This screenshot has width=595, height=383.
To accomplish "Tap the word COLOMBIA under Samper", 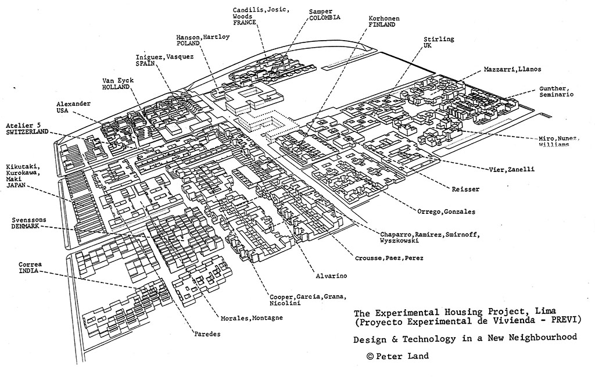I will click(325, 18).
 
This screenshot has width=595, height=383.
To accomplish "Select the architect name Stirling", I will click(439, 39).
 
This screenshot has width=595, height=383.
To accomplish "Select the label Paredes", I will click(208, 334).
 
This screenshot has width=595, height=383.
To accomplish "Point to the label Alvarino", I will click(332, 276).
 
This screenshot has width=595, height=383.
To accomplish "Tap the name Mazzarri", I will click(498, 69).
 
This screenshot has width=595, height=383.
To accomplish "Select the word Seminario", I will click(557, 94).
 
